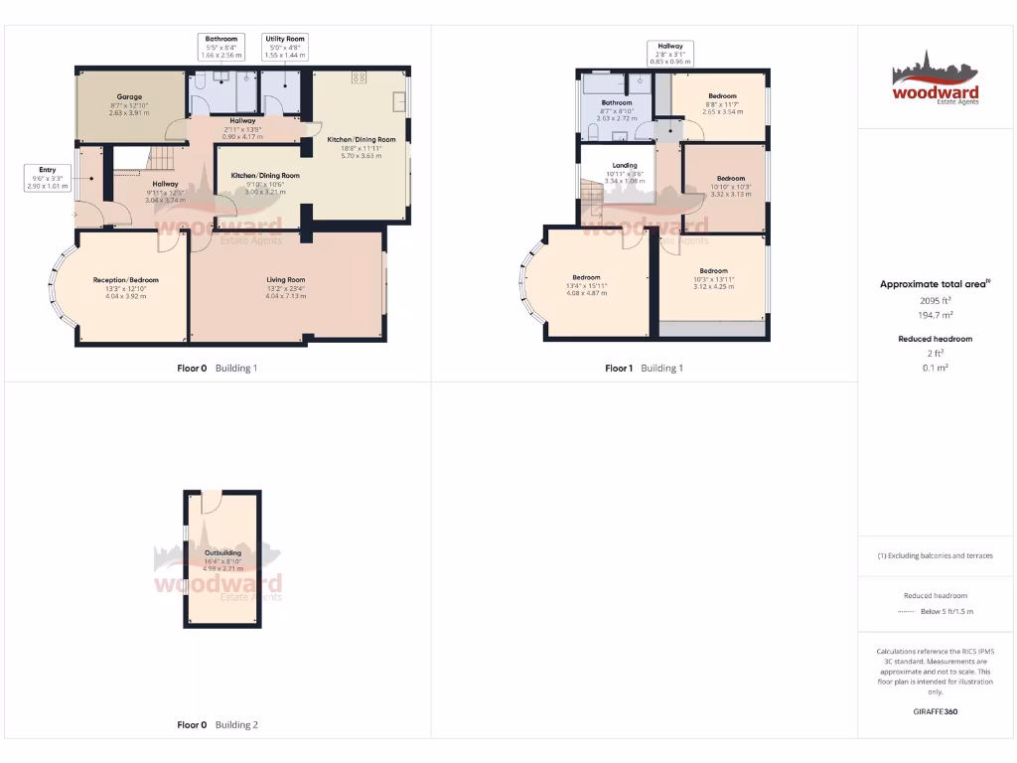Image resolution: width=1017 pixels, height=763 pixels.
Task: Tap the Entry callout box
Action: tap(48, 178)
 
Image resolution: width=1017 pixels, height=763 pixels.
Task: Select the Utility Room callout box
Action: tap(285, 47)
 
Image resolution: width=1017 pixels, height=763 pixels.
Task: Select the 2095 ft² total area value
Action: tap(936, 300)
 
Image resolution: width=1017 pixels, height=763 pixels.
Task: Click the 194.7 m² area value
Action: tap(936, 315)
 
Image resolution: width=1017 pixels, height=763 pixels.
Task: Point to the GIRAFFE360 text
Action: tap(936, 711)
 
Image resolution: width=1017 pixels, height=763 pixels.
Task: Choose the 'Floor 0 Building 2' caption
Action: tap(218, 725)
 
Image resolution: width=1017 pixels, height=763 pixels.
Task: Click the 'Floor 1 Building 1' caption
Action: tap(645, 369)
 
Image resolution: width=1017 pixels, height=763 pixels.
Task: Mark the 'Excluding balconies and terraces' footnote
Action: tap(936, 555)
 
